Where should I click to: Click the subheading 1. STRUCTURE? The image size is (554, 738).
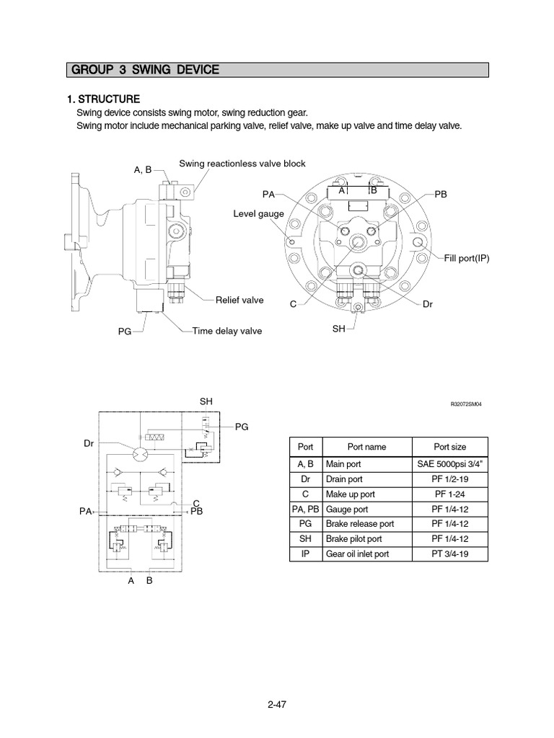[x=103, y=99]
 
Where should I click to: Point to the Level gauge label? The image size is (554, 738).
[x=258, y=214]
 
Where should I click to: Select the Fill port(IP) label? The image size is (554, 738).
[x=467, y=257]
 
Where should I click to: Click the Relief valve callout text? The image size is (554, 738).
[x=239, y=300]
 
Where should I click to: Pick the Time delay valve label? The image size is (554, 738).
[x=227, y=331]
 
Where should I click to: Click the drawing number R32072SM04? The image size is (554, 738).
[x=465, y=404]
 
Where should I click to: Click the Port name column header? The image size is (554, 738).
[x=366, y=447]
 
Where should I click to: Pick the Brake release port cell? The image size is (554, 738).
[x=359, y=524]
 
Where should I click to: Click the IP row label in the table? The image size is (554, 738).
[x=306, y=553]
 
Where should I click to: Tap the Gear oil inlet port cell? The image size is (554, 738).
[x=358, y=553]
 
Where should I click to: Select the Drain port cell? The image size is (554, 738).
[x=345, y=479]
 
